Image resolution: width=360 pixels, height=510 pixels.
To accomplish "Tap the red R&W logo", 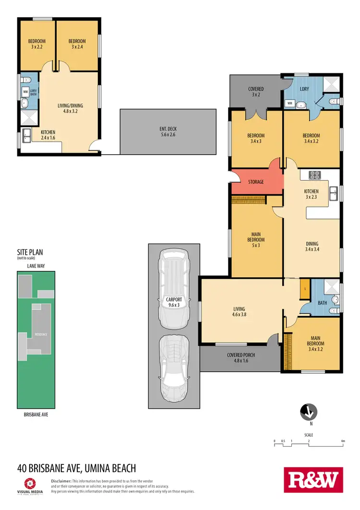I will pos(314,480).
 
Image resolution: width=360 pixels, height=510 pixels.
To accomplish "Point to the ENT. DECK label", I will pos(168,132).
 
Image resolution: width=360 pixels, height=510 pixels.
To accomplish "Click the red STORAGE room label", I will pos(256,182).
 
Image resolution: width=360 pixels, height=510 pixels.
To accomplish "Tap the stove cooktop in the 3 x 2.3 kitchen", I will pos(315,175).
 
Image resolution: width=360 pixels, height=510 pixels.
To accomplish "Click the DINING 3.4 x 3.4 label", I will pos(312,246).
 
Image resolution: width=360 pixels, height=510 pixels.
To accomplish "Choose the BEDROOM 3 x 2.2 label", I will pos(36,44).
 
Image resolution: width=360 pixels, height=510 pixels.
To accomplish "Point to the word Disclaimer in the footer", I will pos(61,481).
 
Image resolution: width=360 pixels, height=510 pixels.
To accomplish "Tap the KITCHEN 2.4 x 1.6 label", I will pos(48,135).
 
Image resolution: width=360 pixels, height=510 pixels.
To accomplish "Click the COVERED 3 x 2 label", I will pos(255,92).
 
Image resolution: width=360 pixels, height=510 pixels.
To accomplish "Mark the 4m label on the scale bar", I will pos(343,440).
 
